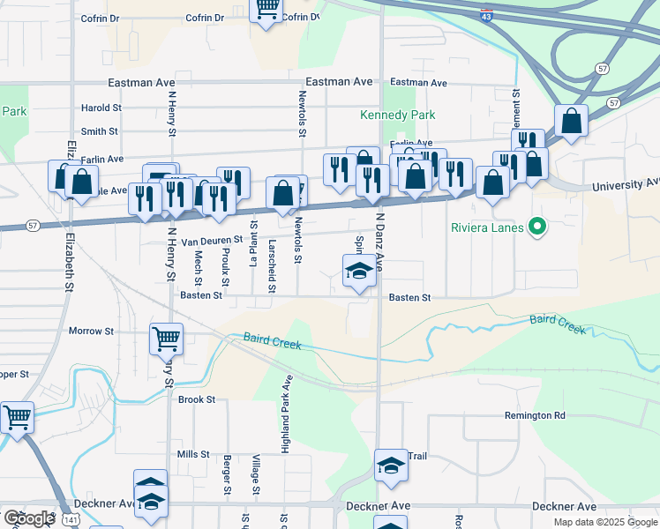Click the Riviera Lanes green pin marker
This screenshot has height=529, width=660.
(535, 227)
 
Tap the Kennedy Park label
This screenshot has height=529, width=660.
(398, 115)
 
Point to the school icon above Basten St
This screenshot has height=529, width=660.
(358, 271)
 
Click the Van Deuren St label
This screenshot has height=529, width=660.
(212, 241)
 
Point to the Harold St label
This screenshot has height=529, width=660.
(101, 108)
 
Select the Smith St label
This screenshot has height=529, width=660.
(100, 131)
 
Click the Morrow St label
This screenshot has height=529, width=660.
(92, 332)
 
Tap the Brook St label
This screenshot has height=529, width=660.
(197, 399)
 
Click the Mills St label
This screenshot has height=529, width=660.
(192, 454)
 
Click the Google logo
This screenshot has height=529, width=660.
(29, 518)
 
